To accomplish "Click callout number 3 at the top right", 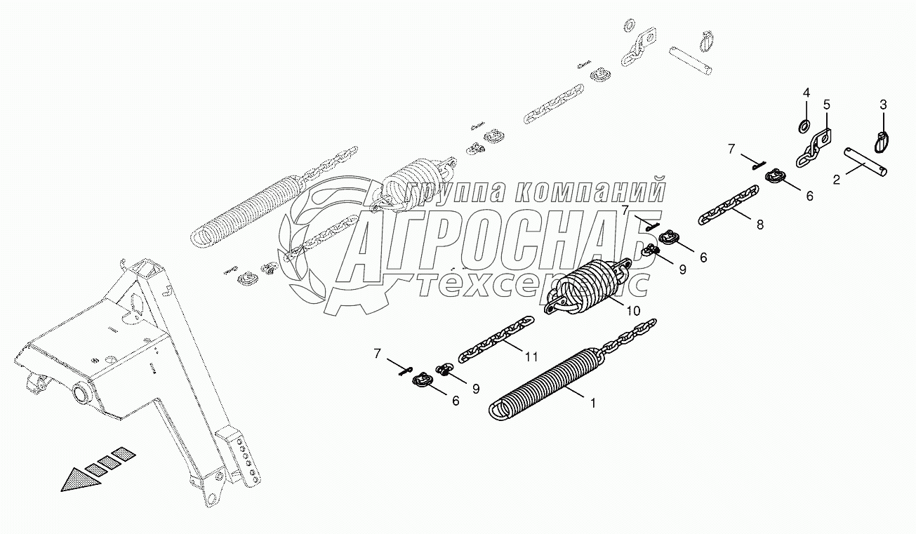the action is [x=826, y=105].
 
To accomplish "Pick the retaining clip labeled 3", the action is [x=882, y=141].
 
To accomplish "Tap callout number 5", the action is [x=826, y=105].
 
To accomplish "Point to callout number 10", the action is [x=634, y=310].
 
